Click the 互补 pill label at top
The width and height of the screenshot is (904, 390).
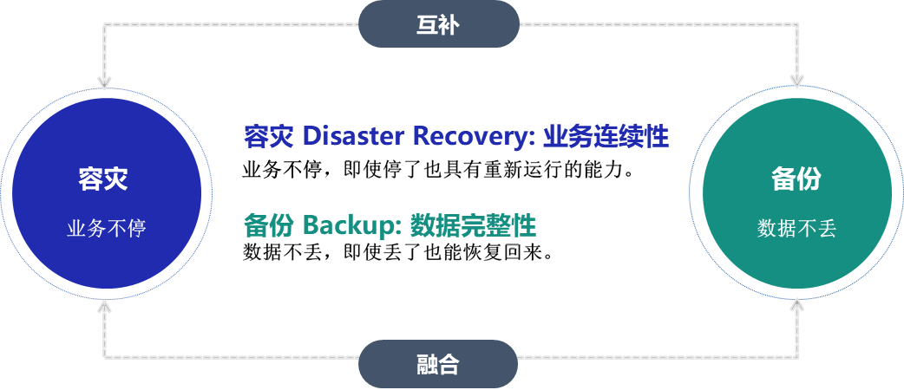[438, 25]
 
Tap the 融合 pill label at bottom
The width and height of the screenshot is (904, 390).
[438, 364]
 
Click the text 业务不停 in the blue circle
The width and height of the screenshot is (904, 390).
[106, 229]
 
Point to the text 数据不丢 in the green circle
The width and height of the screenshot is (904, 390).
[796, 229]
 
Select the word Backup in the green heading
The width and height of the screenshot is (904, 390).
[349, 225]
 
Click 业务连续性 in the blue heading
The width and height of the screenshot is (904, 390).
[606, 136]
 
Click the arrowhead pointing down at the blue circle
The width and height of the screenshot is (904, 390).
[105, 82]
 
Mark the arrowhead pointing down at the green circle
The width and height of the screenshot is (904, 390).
[797, 82]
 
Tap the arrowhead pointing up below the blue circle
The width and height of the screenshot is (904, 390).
[105, 306]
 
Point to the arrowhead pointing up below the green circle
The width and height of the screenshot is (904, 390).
[797, 306]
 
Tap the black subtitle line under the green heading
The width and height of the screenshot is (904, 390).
[397, 252]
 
